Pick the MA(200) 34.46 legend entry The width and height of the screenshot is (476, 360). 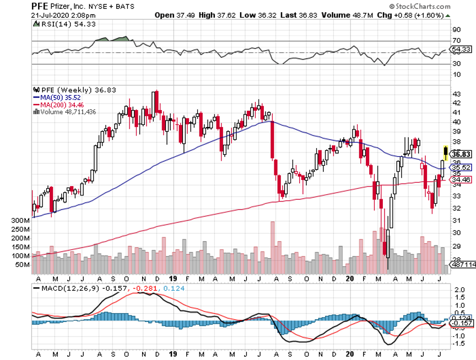pyautogui.click(x=58, y=105)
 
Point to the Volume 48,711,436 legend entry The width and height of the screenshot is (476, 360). pyautogui.click(x=68, y=111)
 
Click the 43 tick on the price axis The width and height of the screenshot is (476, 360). pyautogui.click(x=456, y=95)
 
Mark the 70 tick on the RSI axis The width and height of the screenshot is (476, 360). pyautogui.click(x=456, y=41)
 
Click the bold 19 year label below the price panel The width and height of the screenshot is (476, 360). pyautogui.click(x=174, y=278)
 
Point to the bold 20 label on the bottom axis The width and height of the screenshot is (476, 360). pyautogui.click(x=349, y=278)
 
